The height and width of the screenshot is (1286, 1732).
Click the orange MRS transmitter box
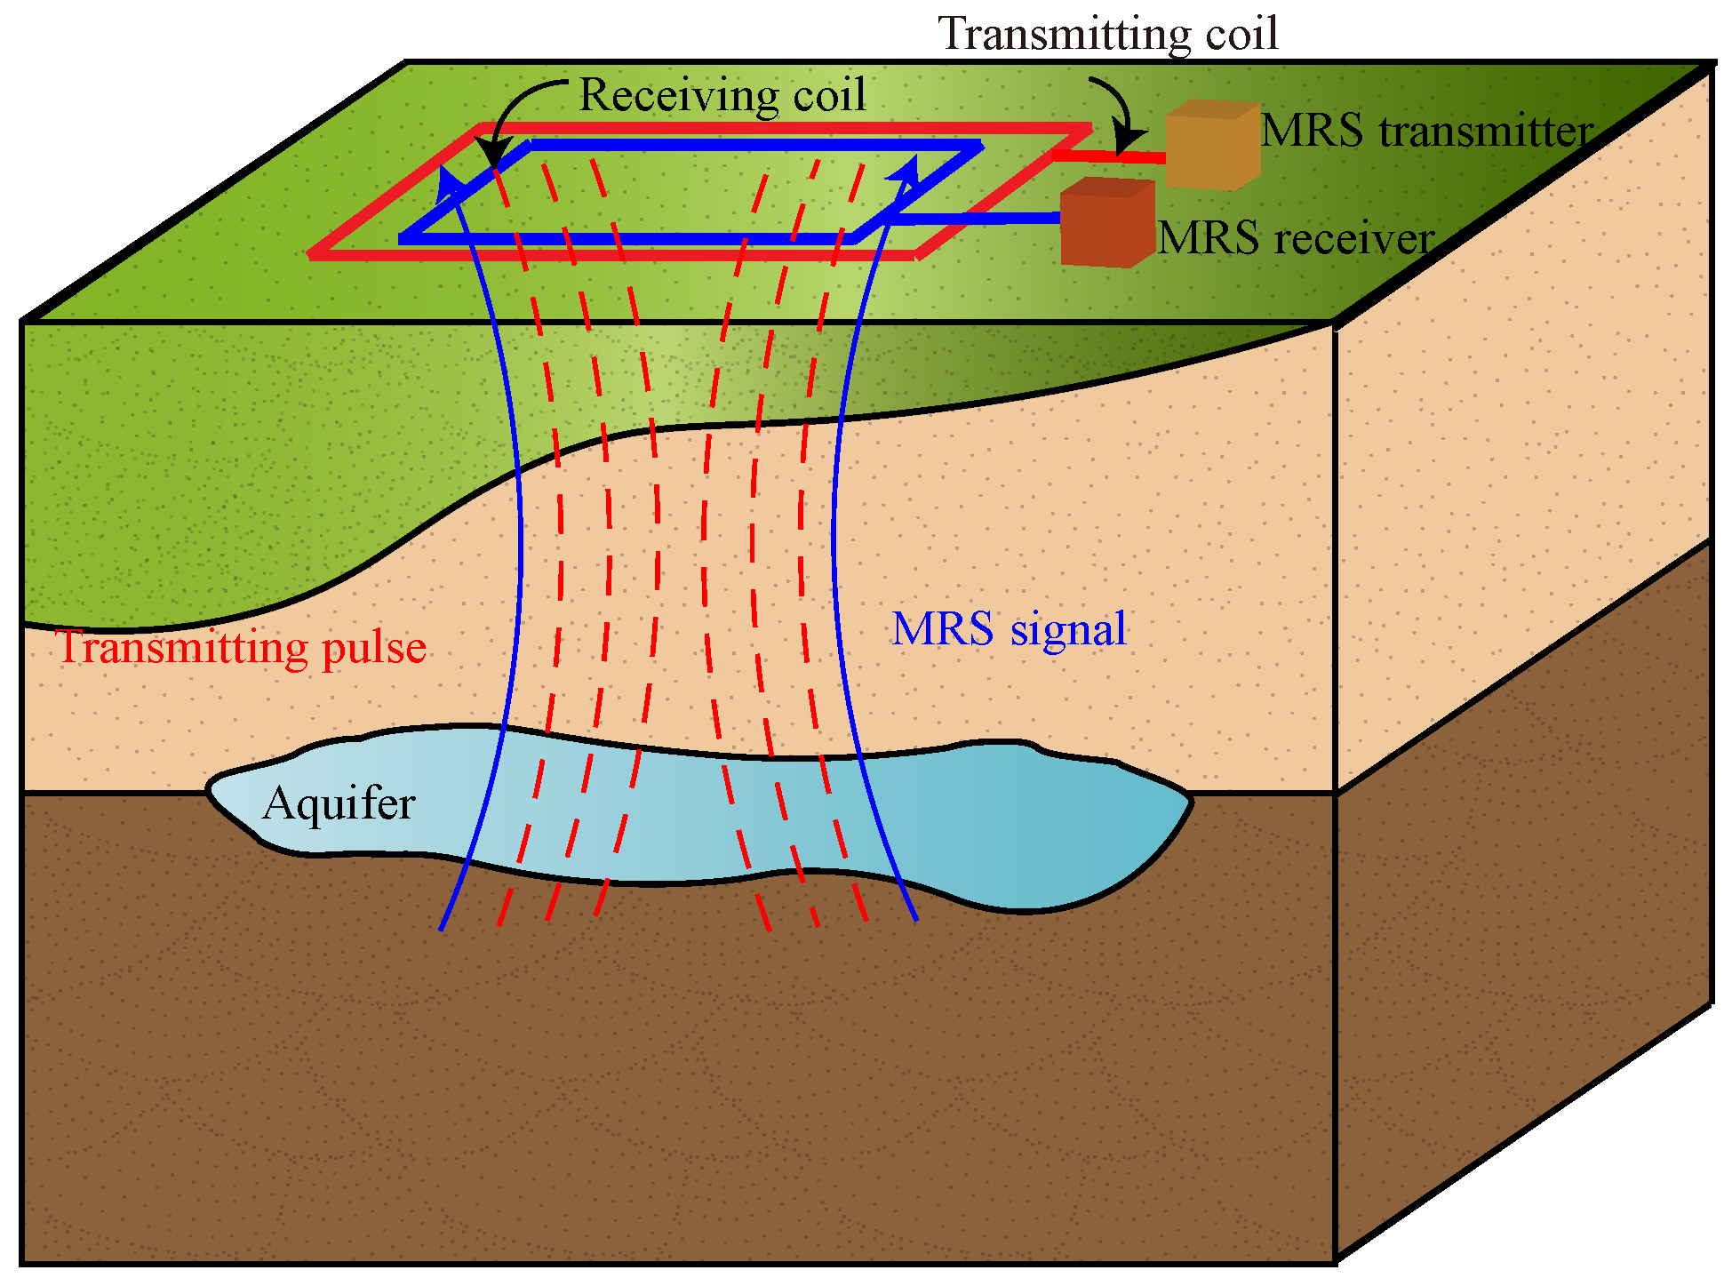click(1211, 146)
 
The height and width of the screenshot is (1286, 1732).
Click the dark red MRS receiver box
click(1106, 224)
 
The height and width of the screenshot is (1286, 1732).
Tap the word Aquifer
click(339, 803)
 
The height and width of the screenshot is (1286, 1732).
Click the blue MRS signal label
click(1009, 629)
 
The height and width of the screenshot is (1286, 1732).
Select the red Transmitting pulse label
click(241, 647)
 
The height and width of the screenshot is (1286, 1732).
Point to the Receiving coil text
click(722, 95)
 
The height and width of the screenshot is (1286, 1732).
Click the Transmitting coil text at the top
click(1108, 34)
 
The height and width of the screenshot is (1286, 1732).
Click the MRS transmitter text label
click(1425, 132)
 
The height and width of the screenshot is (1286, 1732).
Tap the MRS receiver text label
click(1296, 238)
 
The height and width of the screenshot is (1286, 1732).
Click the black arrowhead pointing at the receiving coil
click(491, 152)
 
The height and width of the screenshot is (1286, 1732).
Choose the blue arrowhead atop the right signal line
click(906, 169)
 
